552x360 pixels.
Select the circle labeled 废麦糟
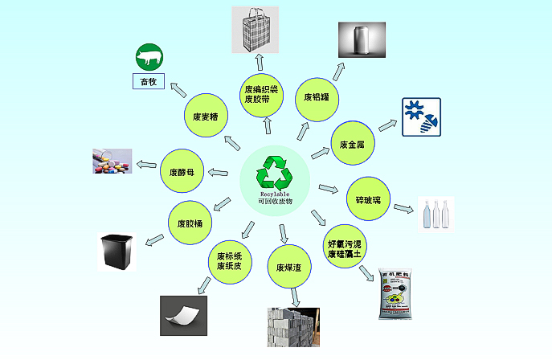point(206,117)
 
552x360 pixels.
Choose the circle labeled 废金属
point(353,145)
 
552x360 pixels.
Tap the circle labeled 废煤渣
point(288,267)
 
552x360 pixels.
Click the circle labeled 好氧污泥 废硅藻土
point(347,247)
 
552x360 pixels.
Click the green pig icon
point(148,58)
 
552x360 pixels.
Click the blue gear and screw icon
point(421,117)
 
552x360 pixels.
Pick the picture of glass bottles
point(435,214)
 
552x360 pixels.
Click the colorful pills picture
point(112,162)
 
